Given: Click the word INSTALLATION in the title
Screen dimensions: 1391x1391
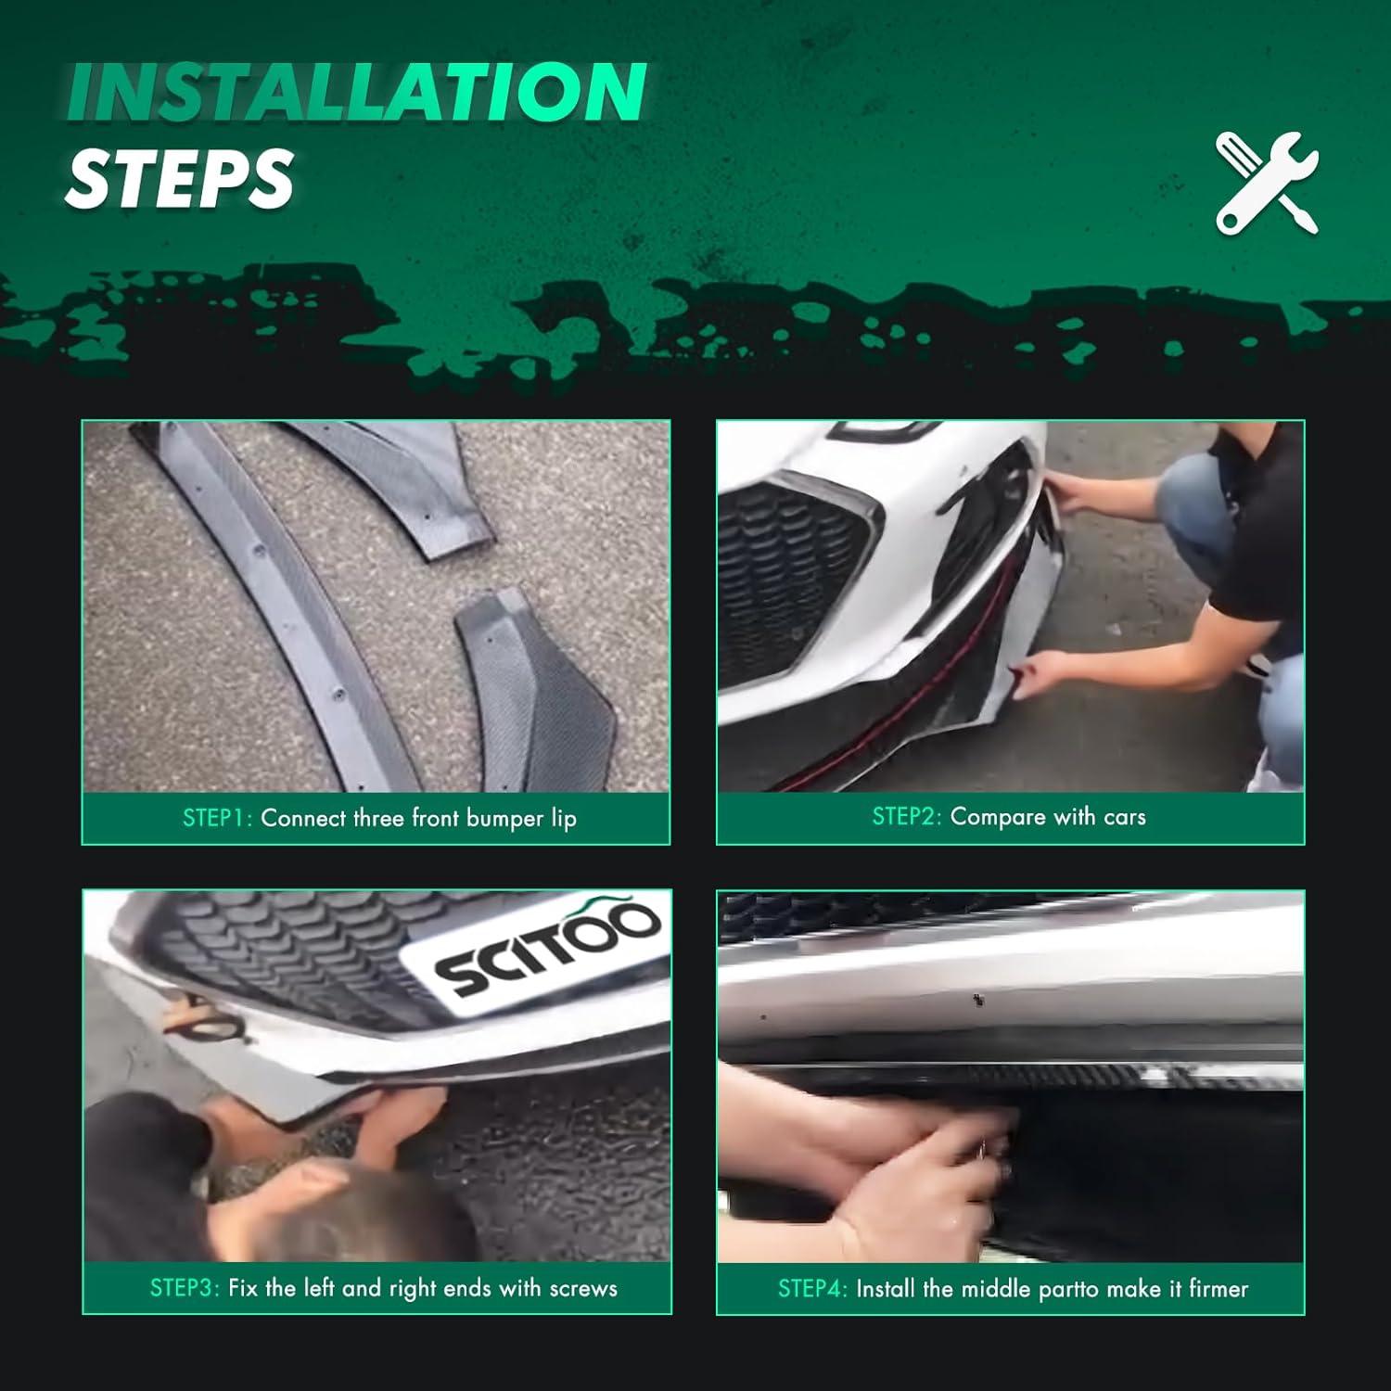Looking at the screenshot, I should coord(356,93).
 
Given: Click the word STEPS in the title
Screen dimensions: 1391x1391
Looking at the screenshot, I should coord(178,178).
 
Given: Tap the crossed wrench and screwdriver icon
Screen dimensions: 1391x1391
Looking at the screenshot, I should coord(1267,182).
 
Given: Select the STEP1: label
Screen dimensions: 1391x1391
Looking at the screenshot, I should coord(217,818).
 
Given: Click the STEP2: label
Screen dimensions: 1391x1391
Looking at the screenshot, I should coord(906,817).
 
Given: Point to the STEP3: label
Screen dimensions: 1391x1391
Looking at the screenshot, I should coord(185,1288).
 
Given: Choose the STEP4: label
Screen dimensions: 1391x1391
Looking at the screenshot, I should coord(811,1288).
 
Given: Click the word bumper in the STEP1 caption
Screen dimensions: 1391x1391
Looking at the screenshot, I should coord(504,819).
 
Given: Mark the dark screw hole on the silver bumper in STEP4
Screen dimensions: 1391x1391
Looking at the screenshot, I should coord(976,1000).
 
